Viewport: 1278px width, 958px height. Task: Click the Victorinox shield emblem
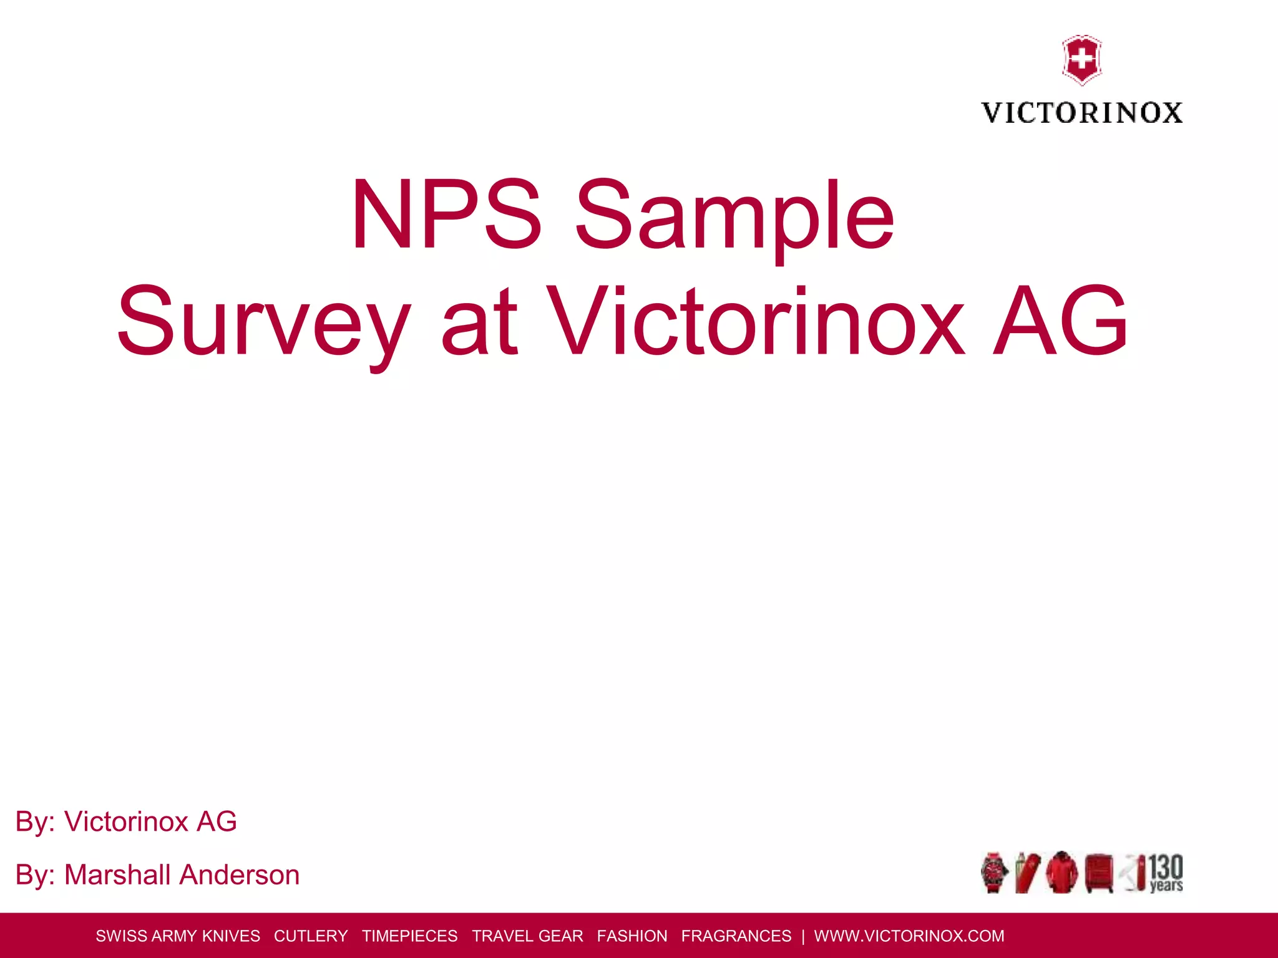coord(1081,60)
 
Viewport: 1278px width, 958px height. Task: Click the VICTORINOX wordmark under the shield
coord(1081,113)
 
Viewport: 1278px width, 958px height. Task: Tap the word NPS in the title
coord(446,215)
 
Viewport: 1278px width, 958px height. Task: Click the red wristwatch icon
coord(993,872)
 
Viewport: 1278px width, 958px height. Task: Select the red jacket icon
coord(1061,872)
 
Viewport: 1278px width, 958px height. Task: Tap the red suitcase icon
coord(1099,873)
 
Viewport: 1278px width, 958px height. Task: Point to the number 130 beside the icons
coord(1166,867)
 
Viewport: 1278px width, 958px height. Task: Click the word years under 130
coord(1166,886)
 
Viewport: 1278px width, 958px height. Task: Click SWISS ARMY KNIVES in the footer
coord(178,936)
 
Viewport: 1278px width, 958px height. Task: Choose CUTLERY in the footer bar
coord(311,936)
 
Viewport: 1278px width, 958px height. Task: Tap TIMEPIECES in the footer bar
coord(409,936)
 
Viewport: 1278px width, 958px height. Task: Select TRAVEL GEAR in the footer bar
coord(527,936)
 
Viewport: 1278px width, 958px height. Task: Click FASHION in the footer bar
coord(632,936)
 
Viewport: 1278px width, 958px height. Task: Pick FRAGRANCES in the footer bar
coord(736,936)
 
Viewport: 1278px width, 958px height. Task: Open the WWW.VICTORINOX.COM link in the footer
coord(909,936)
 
